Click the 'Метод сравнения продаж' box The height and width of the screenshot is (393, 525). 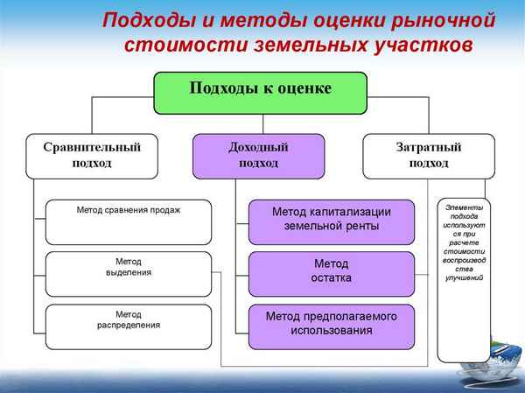coord(129,221)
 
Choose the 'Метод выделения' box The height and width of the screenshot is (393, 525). coord(129,273)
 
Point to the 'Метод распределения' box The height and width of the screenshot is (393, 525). coord(129,326)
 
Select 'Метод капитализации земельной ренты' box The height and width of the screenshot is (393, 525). coord(332,221)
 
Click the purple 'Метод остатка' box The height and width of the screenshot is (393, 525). coord(332,272)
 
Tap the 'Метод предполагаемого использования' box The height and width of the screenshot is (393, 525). coord(332,325)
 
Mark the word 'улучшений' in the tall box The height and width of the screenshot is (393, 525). coord(464,277)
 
